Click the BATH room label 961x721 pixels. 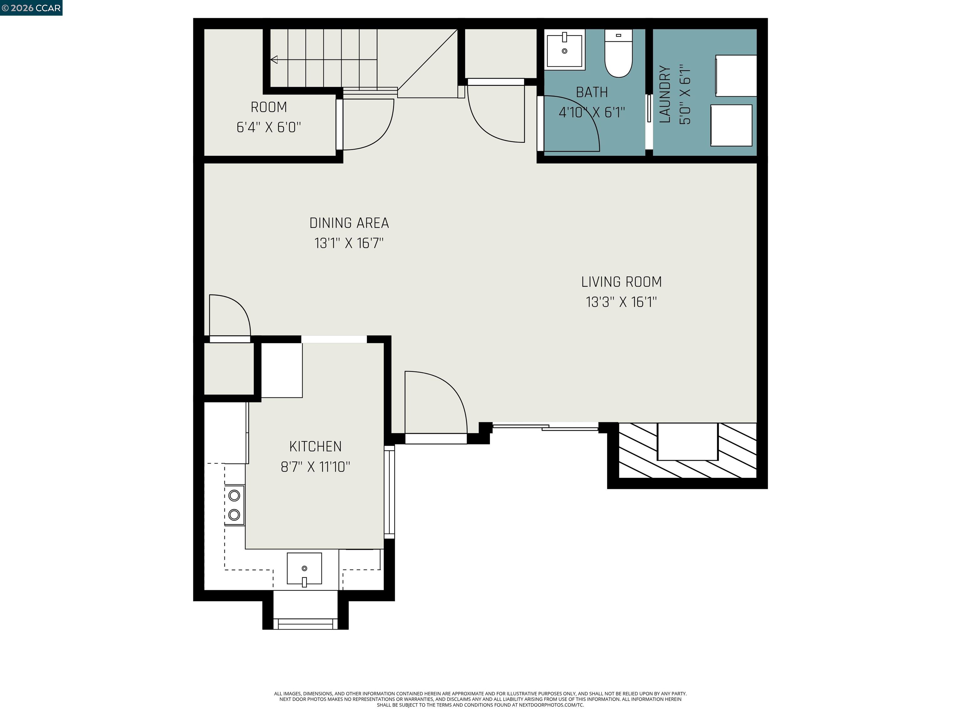pyautogui.click(x=592, y=92)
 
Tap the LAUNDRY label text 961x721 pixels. pyautogui.click(x=665, y=94)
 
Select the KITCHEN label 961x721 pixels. pyautogui.click(x=315, y=446)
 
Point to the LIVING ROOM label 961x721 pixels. pyautogui.click(x=621, y=282)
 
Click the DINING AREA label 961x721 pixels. pyautogui.click(x=349, y=223)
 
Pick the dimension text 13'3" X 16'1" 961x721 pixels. pyautogui.click(x=621, y=302)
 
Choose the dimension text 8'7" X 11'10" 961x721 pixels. pyautogui.click(x=315, y=467)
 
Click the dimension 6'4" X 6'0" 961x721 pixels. pyautogui.click(x=269, y=127)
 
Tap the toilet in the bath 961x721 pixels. pyautogui.click(x=618, y=53)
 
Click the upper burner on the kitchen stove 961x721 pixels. pyautogui.click(x=234, y=495)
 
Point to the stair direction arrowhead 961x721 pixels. pyautogui.click(x=274, y=59)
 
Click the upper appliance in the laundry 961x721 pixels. pyautogui.click(x=736, y=76)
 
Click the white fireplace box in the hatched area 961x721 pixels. pyautogui.click(x=687, y=441)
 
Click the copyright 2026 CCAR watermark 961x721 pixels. pyautogui.click(x=31, y=8)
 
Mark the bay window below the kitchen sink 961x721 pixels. pyautogui.click(x=305, y=623)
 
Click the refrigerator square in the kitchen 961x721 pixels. pyautogui.click(x=282, y=370)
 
